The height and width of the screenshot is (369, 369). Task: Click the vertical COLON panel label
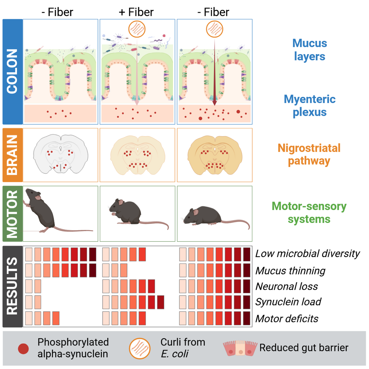pos(12,71)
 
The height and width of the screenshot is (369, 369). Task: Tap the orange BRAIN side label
pos(12,155)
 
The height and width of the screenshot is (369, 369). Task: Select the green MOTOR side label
pos(12,213)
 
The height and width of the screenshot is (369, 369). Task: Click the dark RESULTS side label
pos(12,286)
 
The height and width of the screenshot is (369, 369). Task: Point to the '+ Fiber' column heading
pos(136,12)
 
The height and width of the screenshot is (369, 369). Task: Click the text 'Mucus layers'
pos(309,50)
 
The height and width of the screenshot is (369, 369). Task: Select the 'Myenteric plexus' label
pos(309,106)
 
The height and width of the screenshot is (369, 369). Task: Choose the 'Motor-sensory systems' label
pos(309,213)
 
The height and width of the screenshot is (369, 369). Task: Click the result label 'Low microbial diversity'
pos(307,254)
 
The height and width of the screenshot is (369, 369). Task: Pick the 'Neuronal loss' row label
pos(287,286)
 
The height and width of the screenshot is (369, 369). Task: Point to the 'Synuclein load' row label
pos(289,302)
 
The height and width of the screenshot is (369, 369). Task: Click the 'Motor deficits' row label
pos(287,319)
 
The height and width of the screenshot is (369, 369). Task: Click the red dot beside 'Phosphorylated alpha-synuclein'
pos(23,349)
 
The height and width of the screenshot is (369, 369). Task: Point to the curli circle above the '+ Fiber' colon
pos(136,28)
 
